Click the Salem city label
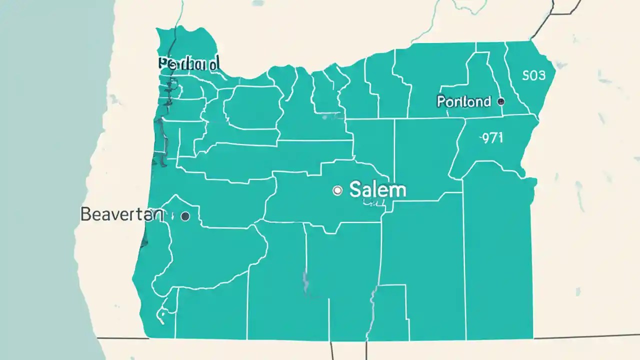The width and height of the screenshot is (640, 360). pyautogui.click(x=377, y=190)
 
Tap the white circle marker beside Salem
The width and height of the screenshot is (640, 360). pyautogui.click(x=337, y=190)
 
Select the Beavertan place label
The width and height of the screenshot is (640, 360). pyautogui.click(x=121, y=214)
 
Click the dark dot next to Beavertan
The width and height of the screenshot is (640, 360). pyautogui.click(x=185, y=216)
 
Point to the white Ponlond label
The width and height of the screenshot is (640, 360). pyautogui.click(x=463, y=101)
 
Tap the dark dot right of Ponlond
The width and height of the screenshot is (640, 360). pyautogui.click(x=501, y=101)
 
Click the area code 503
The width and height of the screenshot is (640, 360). pyautogui.click(x=534, y=75)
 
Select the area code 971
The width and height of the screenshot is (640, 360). pyautogui.click(x=491, y=138)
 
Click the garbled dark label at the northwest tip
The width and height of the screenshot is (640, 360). pyautogui.click(x=188, y=64)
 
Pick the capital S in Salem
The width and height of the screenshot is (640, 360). pyautogui.click(x=355, y=190)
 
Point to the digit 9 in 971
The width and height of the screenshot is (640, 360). pyautogui.click(x=484, y=138)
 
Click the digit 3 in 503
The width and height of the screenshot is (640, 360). pyautogui.click(x=541, y=75)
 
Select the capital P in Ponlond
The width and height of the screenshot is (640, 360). pyautogui.click(x=441, y=101)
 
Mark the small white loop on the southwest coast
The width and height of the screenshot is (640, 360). pyautogui.click(x=162, y=315)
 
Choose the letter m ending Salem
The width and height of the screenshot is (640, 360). pyautogui.click(x=398, y=191)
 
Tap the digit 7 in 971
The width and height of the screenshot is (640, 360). pyautogui.click(x=492, y=138)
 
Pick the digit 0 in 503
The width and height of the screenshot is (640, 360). pyautogui.click(x=534, y=75)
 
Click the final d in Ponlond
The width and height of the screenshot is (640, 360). pyautogui.click(x=486, y=101)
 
